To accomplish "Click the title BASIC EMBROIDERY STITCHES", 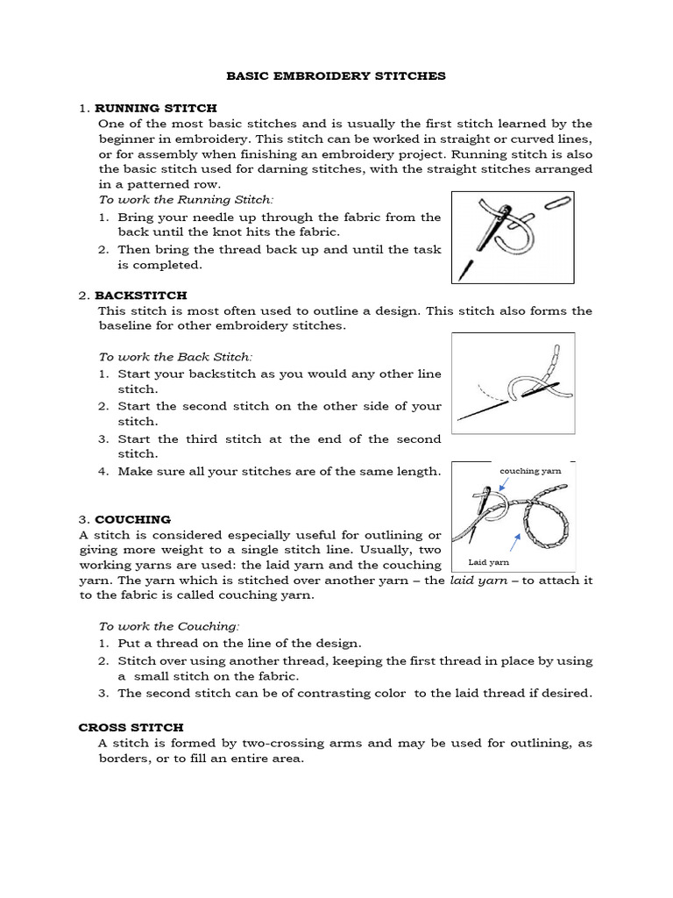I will [x=336, y=76].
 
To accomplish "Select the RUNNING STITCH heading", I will [x=156, y=108].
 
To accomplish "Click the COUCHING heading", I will [x=132, y=519].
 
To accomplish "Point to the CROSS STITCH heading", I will [x=131, y=727].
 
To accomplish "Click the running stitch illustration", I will [x=512, y=237].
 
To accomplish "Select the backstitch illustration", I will [x=512, y=382].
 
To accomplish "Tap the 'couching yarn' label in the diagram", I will [x=530, y=471].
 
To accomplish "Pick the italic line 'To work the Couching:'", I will [x=168, y=626].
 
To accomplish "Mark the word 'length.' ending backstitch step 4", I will [x=420, y=472].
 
